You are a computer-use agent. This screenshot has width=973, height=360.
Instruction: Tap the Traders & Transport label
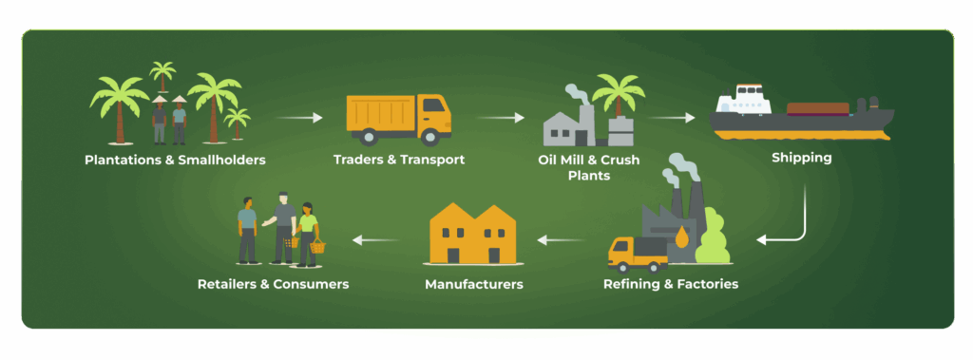(x=399, y=160)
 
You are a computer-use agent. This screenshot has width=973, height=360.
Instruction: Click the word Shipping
(x=801, y=159)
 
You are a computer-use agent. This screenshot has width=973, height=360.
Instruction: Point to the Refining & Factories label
(x=670, y=284)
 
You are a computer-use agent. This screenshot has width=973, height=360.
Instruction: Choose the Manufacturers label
(x=473, y=284)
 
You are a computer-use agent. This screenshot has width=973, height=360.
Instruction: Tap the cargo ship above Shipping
(x=801, y=113)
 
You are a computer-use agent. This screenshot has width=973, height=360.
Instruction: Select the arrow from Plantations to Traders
(x=300, y=119)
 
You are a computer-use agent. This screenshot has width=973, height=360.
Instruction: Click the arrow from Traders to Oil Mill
(x=500, y=119)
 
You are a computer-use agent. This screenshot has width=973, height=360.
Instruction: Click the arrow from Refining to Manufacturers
(x=561, y=239)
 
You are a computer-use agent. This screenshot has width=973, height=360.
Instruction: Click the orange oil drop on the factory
(x=681, y=238)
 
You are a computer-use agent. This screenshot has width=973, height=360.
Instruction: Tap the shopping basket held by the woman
(x=317, y=247)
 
